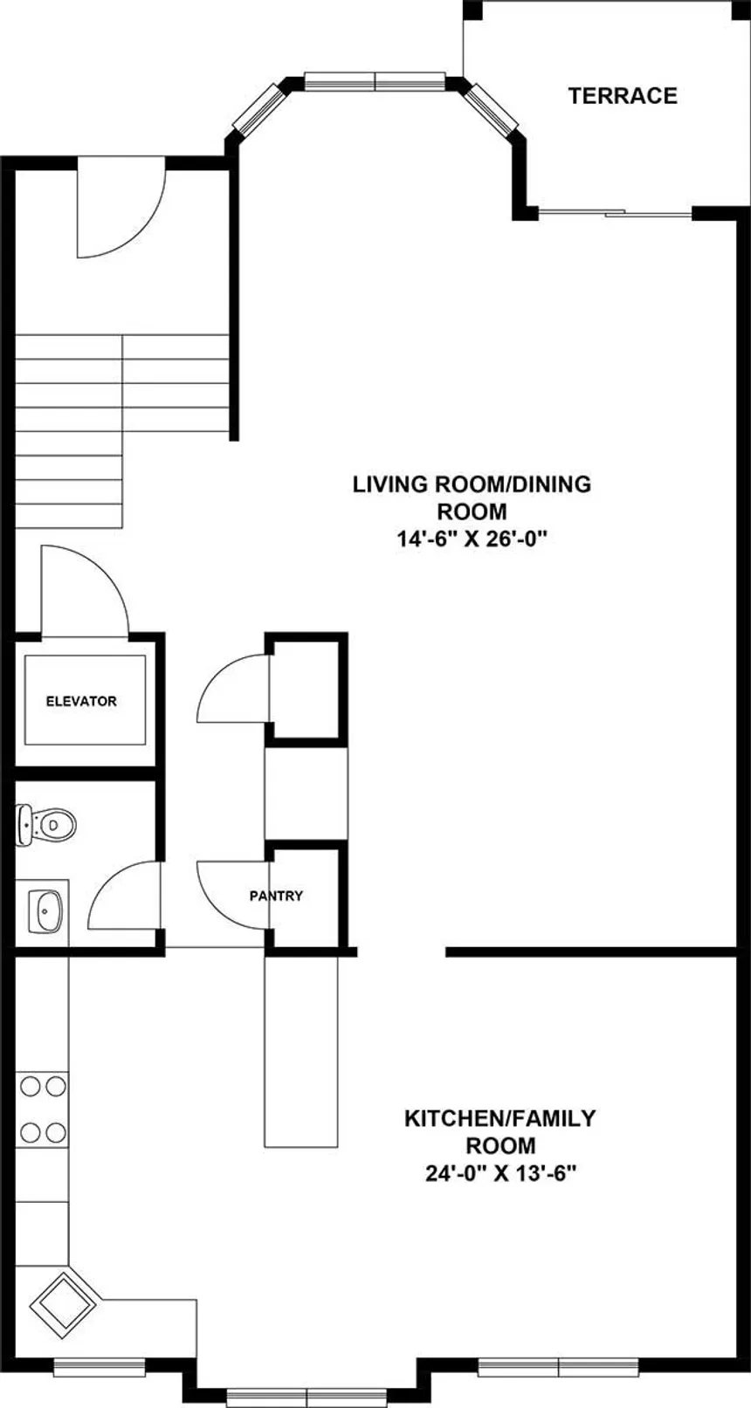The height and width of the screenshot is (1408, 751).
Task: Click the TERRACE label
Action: coord(623,96)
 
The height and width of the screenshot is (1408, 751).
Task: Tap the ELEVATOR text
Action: coord(81,701)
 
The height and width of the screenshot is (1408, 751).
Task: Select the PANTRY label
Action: coord(276,896)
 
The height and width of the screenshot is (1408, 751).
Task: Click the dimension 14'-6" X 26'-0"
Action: coord(472,539)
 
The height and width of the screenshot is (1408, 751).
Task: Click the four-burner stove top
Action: coord(43,1109)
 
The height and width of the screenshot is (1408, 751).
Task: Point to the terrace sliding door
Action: coord(616,212)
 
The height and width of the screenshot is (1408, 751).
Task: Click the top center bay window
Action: coord(375,81)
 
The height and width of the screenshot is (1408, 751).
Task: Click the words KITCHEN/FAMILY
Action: coord(500,1118)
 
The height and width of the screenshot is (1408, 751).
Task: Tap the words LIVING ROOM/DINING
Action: coord(472,484)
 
